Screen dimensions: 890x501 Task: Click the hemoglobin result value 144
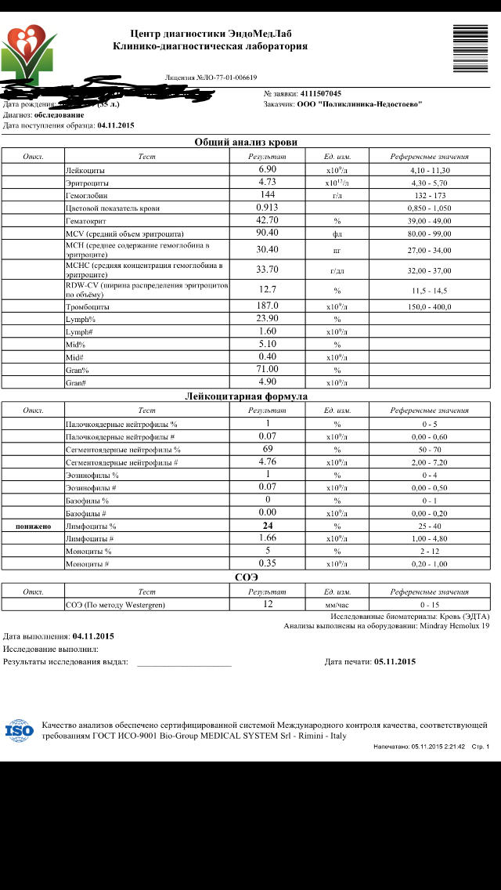268,194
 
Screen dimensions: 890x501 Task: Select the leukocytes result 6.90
268,169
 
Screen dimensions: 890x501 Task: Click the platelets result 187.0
269,306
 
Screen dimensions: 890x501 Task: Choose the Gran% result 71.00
269,369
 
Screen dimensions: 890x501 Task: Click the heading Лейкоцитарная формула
246,396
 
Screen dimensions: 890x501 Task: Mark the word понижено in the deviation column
33,526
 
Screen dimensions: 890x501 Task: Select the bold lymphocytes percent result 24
268,526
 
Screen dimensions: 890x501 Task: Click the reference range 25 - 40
430,526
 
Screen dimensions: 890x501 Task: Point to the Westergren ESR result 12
268,604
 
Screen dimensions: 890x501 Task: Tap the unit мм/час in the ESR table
337,605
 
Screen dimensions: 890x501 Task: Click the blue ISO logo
20,731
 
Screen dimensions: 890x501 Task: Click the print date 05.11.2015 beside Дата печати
395,661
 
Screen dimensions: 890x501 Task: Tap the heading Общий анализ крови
246,142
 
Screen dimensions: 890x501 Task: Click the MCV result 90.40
268,233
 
